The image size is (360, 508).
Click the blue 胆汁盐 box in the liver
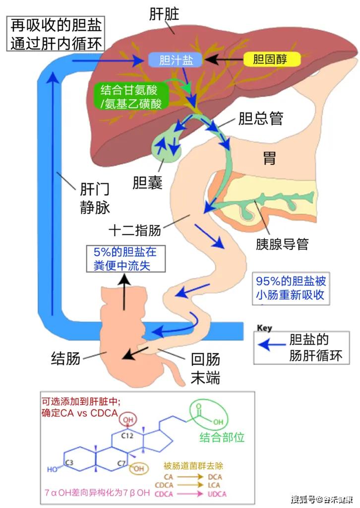tap(176, 60)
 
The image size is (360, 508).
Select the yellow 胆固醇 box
tap(272, 60)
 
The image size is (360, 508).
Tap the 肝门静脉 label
tap(95, 199)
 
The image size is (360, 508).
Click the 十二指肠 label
tap(135, 231)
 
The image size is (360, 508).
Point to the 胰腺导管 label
tap(282, 244)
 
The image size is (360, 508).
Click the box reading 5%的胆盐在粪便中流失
tap(125, 259)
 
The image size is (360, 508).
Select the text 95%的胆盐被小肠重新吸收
tap(291, 288)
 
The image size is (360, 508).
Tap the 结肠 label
tap(65, 358)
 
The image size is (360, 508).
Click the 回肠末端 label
tap(206, 369)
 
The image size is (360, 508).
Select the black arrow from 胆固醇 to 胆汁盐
tap(224, 60)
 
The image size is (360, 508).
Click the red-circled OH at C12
tap(128, 420)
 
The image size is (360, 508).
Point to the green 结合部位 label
tap(222, 438)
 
